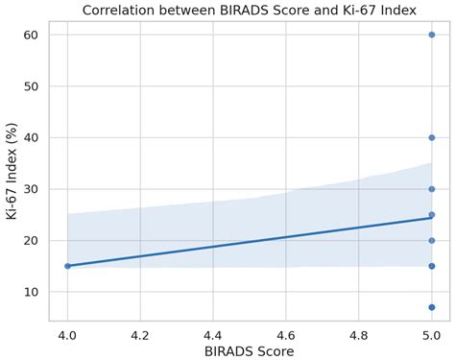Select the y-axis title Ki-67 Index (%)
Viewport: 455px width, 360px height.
coord(12,171)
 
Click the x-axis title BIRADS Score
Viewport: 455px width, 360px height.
coord(249,351)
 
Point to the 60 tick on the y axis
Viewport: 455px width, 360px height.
coord(31,35)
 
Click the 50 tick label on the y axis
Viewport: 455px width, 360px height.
coord(31,86)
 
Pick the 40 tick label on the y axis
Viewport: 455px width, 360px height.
coord(31,137)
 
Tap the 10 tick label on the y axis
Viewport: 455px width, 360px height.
coord(31,292)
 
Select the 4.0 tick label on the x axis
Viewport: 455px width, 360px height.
coord(67,333)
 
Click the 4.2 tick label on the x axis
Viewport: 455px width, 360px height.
coord(140,333)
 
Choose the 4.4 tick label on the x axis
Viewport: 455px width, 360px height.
coord(213,333)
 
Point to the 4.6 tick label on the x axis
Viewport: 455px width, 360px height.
coord(286,333)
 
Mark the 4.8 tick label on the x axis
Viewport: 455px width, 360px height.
coord(359,333)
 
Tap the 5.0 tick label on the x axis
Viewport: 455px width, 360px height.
coord(432,333)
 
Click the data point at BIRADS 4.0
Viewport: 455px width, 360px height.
coord(67,266)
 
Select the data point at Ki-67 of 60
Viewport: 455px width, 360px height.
coord(432,35)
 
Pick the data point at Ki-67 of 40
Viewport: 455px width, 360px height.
coord(432,137)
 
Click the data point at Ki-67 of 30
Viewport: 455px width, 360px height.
coord(432,189)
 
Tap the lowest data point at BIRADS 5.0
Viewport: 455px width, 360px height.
coord(432,307)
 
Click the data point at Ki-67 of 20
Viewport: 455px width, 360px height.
coord(432,240)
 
